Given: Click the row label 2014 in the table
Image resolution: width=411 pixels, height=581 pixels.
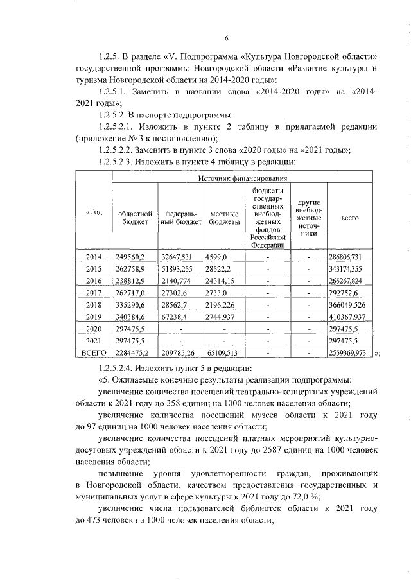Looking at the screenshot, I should [x=94, y=257].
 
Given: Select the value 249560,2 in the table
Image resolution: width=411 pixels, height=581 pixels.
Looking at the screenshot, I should [x=130, y=257].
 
